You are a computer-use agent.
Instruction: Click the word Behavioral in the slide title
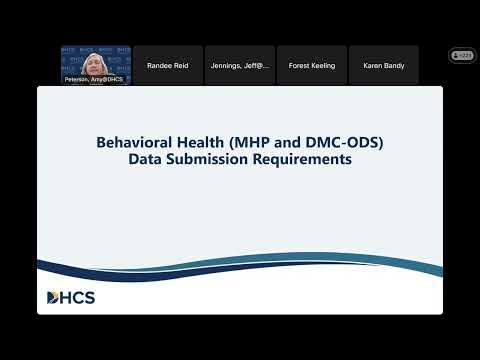pyautogui.click(x=134, y=142)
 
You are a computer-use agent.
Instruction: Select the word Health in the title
pyautogui.click(x=200, y=142)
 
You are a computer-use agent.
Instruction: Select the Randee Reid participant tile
pyautogui.click(x=168, y=65)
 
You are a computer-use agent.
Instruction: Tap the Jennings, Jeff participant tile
pyautogui.click(x=239, y=65)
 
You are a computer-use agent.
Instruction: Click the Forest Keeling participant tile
pyautogui.click(x=311, y=65)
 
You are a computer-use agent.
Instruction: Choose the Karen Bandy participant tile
pyautogui.click(x=383, y=65)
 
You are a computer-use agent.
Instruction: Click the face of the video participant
pyautogui.click(x=95, y=60)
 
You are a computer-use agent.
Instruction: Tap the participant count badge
pyautogui.click(x=463, y=56)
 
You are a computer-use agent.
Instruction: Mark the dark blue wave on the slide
pyautogui.click(x=240, y=268)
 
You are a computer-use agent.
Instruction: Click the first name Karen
pyautogui.click(x=372, y=65)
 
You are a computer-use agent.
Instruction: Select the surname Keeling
pyautogui.click(x=321, y=65)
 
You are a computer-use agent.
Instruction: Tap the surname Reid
pyautogui.click(x=181, y=65)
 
